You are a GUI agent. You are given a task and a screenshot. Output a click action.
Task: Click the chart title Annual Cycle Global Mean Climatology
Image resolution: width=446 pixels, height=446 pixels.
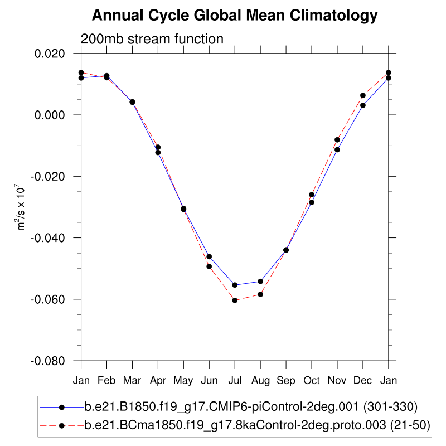[235, 16]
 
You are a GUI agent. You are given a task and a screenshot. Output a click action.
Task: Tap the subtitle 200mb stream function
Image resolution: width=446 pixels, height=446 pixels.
[152, 39]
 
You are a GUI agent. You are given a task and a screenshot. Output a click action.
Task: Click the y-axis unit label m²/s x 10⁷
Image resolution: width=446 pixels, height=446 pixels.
[22, 207]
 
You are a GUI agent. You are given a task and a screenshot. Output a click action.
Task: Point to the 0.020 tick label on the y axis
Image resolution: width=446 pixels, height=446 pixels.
[50, 54]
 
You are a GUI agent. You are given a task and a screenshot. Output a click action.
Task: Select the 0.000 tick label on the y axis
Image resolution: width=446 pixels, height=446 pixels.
[50, 115]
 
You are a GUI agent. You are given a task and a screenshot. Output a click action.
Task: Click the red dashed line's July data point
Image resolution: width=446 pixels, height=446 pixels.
[235, 300]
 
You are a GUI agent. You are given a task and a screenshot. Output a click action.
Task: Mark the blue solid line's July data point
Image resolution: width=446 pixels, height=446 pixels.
[235, 285]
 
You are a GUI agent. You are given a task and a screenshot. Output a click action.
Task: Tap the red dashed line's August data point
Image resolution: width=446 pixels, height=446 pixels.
[260, 294]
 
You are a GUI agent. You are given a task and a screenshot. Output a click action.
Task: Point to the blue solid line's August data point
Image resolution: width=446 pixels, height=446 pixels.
[260, 281]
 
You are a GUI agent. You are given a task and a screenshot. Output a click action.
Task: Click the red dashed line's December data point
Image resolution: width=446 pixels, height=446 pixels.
[363, 95]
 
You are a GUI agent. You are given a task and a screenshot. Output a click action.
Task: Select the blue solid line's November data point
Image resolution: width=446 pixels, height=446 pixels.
[337, 149]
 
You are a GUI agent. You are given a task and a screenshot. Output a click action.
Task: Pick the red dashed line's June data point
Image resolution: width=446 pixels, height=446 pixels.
[209, 266]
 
